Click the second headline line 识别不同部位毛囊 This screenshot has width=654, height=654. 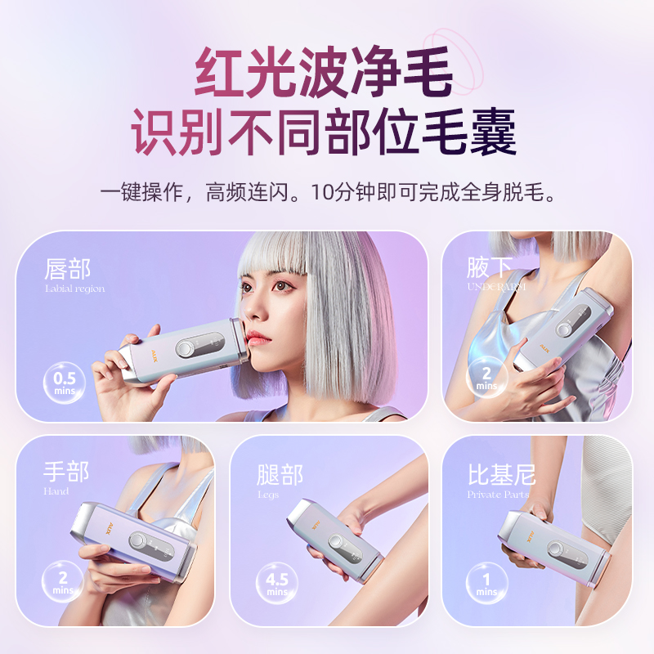coord(325,133)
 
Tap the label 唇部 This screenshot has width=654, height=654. coord(68,269)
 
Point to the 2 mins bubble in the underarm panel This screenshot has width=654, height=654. coord(487,377)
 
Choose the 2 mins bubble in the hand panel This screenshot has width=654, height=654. coord(63,582)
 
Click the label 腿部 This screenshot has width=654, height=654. coord(280,475)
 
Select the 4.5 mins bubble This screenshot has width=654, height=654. coord(276,583)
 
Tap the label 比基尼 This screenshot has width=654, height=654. coord(501,474)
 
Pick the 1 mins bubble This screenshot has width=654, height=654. coord(487,584)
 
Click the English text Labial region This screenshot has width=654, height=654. coord(74,289)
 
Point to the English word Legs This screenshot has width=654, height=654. coord(267,495)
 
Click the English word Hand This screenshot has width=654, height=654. coord(56,491)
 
